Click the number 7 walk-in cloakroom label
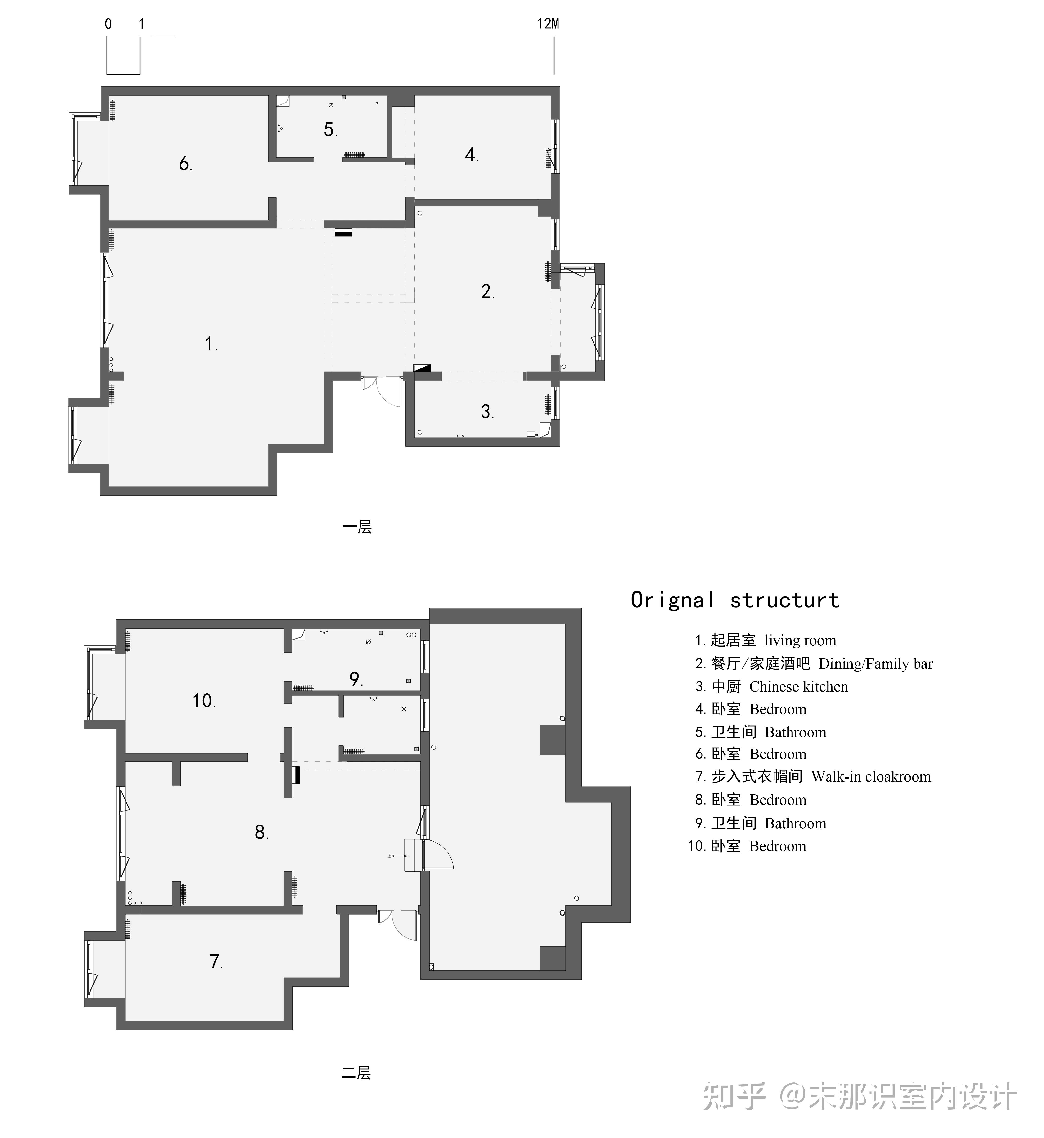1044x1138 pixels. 216,961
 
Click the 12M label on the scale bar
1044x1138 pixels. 547,24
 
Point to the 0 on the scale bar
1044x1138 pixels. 108,24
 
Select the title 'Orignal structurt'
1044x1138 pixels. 735,600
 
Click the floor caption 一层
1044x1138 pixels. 357,527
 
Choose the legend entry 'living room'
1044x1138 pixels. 800,640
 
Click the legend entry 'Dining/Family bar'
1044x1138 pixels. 876,664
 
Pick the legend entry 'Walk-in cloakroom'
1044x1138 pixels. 871,777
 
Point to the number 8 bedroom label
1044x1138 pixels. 261,832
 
